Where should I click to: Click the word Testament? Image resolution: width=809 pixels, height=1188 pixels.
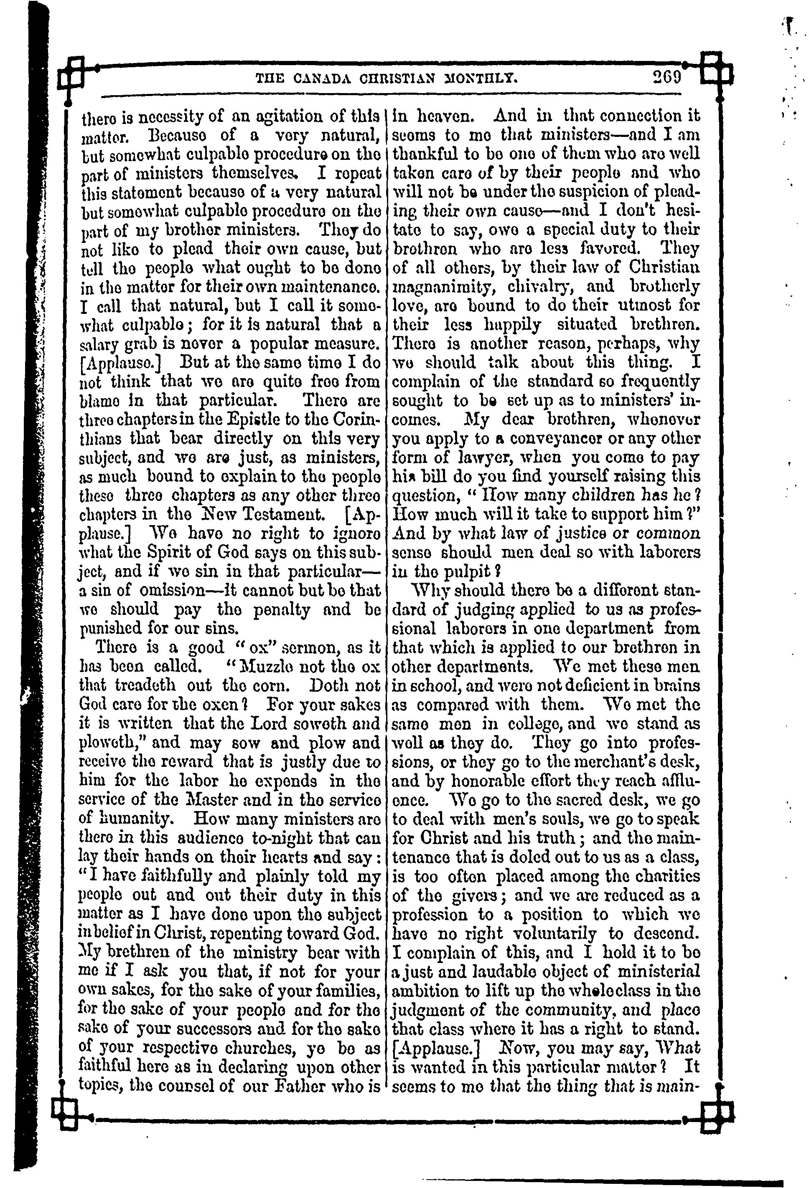281,514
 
